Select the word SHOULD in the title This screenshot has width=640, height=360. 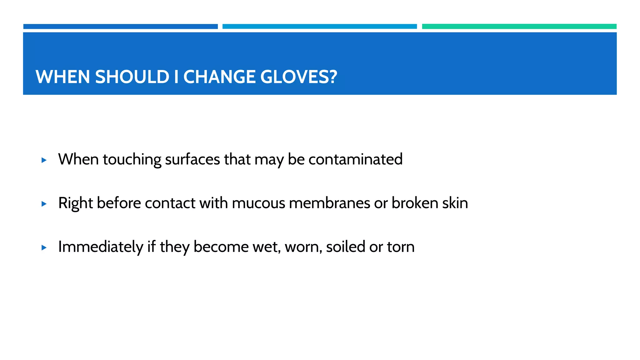point(132,77)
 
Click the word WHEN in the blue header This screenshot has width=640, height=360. point(63,77)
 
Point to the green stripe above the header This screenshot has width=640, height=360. point(519,27)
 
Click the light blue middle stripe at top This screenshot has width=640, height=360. point(319,27)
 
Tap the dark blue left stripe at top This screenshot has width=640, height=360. point(120,27)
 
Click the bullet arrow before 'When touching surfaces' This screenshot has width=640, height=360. point(44,160)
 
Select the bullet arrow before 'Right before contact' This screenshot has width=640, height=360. point(44,204)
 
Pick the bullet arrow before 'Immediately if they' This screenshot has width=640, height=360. point(44,248)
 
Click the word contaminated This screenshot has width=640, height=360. point(355,159)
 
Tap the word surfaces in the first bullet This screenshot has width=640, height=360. point(192,159)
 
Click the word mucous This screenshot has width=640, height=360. point(258,203)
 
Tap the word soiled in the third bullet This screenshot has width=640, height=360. point(345,247)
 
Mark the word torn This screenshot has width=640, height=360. point(401,247)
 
